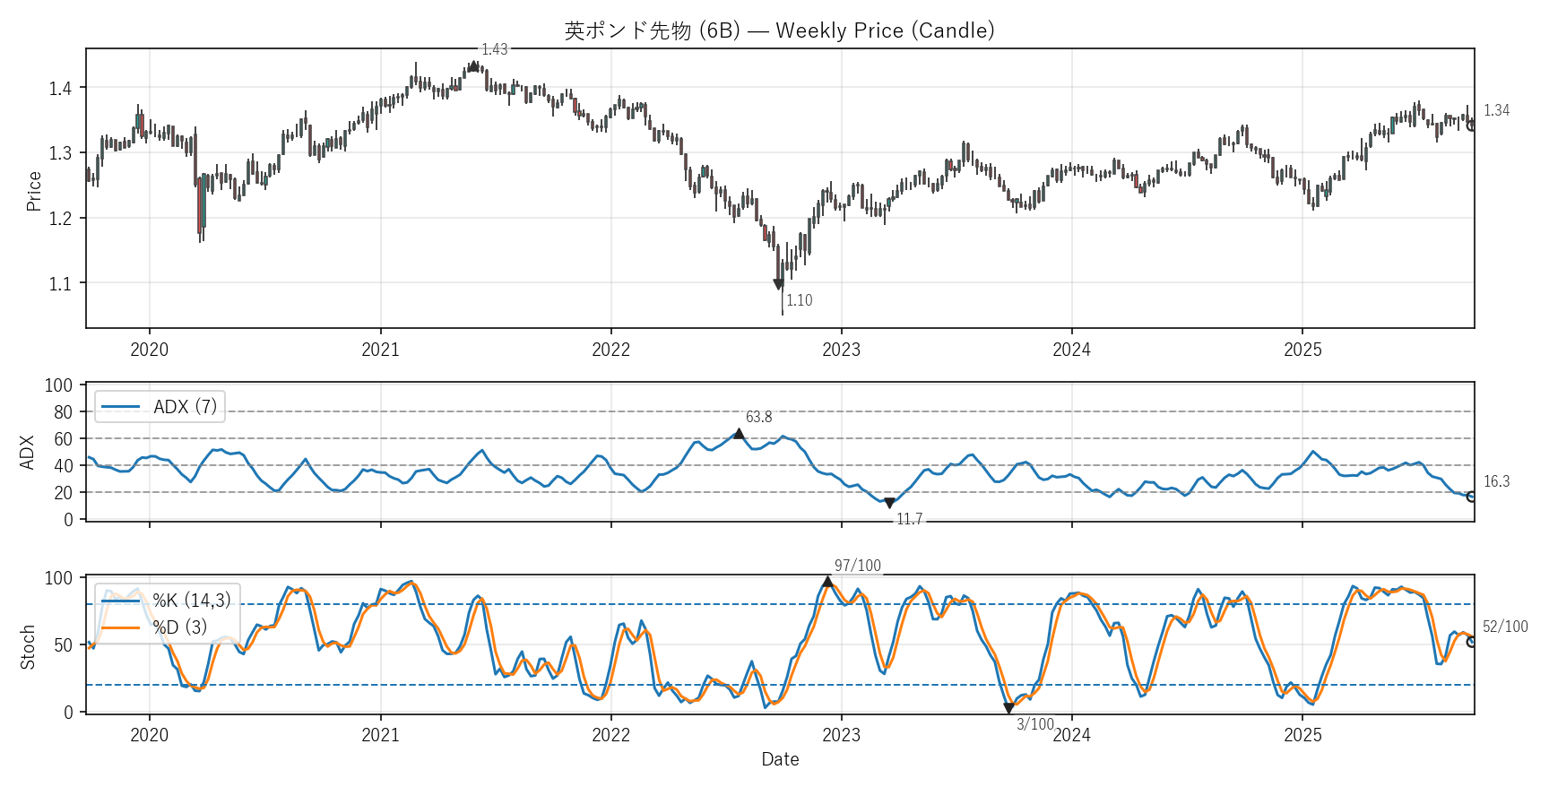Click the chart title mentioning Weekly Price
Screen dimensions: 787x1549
click(x=779, y=30)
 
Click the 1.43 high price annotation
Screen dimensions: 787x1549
click(x=495, y=49)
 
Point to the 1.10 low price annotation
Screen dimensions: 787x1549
click(x=800, y=300)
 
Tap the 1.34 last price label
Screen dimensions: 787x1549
click(x=1496, y=110)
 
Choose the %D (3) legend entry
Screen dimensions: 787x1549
click(x=179, y=627)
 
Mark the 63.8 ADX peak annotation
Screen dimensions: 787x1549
click(x=758, y=417)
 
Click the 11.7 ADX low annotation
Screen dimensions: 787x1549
click(x=909, y=519)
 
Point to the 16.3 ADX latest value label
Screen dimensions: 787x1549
click(x=1496, y=481)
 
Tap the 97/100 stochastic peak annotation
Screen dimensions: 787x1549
click(x=858, y=566)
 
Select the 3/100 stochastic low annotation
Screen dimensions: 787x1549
click(x=1035, y=724)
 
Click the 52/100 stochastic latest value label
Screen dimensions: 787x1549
click(x=1505, y=627)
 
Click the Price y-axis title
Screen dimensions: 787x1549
click(x=34, y=191)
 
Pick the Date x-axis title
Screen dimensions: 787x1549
click(x=780, y=759)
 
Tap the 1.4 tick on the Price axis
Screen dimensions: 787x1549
click(x=60, y=88)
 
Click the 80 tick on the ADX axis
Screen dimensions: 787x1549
click(x=63, y=412)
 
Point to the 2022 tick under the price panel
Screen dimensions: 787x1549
click(x=610, y=350)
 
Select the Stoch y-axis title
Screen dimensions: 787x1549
click(x=28, y=646)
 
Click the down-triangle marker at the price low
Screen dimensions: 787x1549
click(x=778, y=284)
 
